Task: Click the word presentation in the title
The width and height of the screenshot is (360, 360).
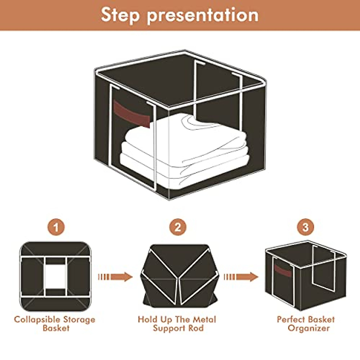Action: [x=203, y=15]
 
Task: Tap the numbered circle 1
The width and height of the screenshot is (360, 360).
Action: [x=56, y=227]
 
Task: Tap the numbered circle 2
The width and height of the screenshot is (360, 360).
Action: [x=178, y=227]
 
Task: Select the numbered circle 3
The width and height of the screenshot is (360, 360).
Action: [x=305, y=227]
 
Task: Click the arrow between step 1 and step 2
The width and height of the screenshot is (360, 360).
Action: [x=115, y=277]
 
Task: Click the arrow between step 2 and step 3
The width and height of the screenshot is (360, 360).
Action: [x=241, y=277]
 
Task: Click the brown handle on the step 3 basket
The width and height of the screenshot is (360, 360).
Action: [x=282, y=270]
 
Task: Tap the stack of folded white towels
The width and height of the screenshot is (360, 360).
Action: [x=183, y=150]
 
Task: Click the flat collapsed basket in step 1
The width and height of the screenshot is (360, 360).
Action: [x=55, y=276]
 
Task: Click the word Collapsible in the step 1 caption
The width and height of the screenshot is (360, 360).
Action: [x=35, y=319]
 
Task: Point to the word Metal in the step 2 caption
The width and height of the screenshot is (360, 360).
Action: [x=204, y=319]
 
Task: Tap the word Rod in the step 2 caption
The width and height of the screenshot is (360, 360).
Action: [x=196, y=328]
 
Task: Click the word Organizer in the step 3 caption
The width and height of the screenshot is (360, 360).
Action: [x=308, y=328]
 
